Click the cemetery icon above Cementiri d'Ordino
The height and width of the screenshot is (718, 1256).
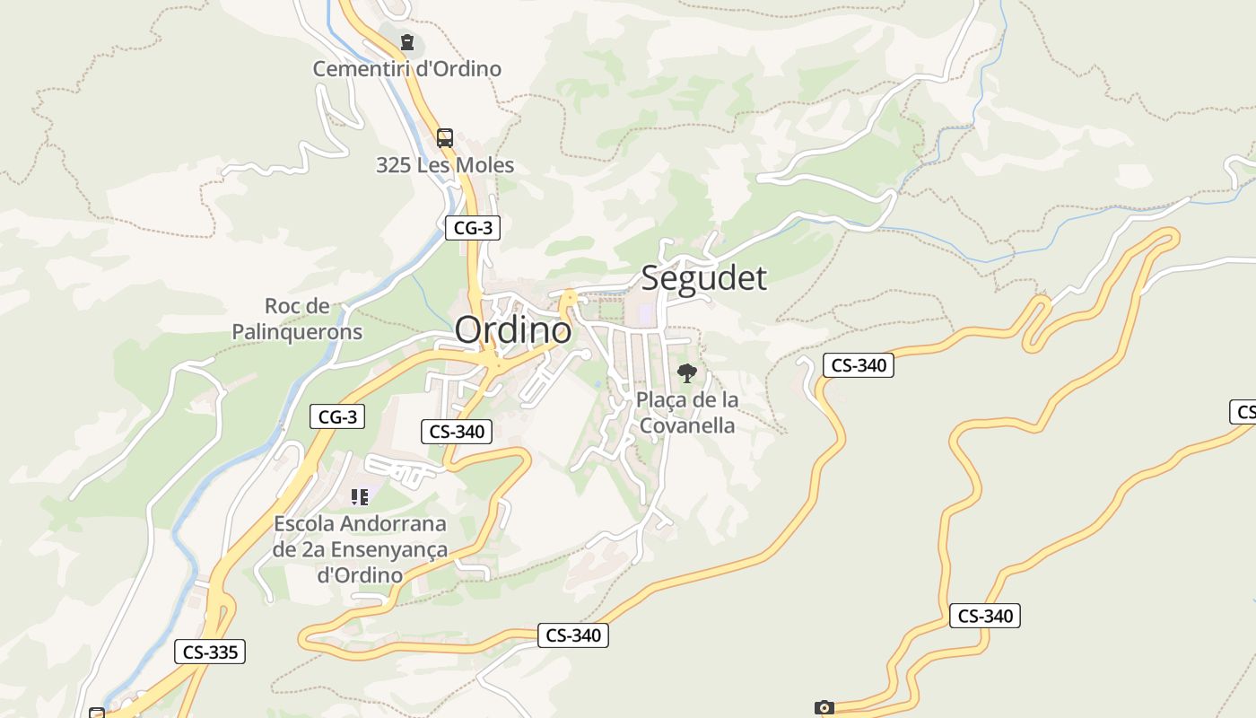[x=407, y=41]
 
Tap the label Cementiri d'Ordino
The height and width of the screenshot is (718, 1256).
[x=406, y=68]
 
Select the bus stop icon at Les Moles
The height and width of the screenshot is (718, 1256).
[x=445, y=138]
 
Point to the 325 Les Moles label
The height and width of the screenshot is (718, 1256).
[x=445, y=165]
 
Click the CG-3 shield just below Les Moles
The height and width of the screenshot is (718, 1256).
[x=473, y=228]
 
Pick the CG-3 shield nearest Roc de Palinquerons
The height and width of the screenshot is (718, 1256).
[x=337, y=416]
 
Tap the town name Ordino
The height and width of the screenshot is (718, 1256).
[x=513, y=330]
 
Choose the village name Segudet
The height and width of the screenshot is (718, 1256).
[x=703, y=277]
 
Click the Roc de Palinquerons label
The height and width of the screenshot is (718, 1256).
[x=297, y=320]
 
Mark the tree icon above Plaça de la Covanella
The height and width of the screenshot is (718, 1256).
[x=687, y=373]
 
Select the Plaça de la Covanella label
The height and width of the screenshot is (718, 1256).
[x=687, y=413]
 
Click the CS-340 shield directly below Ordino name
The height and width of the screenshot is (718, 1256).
[x=457, y=432]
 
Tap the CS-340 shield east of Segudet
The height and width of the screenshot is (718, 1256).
[x=859, y=365]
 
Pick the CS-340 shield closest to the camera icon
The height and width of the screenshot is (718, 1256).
[x=985, y=616]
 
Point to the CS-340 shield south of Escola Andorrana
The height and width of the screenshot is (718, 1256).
[x=573, y=635]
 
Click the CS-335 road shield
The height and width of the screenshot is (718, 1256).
[x=210, y=652]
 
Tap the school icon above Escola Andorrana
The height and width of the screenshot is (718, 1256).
[x=360, y=496]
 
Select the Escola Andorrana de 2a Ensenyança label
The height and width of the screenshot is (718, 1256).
[x=360, y=548]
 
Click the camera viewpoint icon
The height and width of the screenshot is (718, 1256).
[x=824, y=708]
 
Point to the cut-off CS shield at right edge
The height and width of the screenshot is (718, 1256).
[x=1243, y=412]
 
